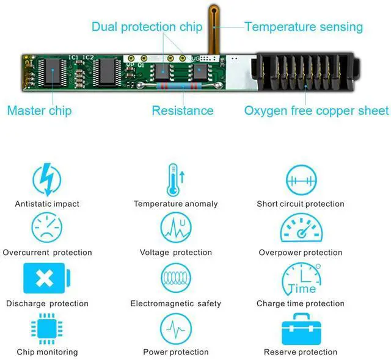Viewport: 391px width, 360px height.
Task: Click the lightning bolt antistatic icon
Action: [46, 179]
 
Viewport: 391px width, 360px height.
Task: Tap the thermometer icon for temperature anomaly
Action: [175, 179]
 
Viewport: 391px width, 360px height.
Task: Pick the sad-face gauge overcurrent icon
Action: [46, 228]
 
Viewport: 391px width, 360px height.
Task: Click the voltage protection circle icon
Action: [175, 228]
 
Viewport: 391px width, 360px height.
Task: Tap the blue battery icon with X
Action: [46, 278]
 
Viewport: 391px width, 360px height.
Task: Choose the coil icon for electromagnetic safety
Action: [175, 278]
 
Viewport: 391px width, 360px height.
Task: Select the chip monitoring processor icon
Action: [46, 328]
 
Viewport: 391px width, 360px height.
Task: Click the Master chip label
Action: [39, 110]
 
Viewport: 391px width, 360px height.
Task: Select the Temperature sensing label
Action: [303, 27]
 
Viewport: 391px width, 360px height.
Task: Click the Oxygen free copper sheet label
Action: [316, 110]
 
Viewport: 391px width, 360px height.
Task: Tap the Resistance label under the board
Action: [183, 110]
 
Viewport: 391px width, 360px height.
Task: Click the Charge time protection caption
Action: [300, 303]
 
